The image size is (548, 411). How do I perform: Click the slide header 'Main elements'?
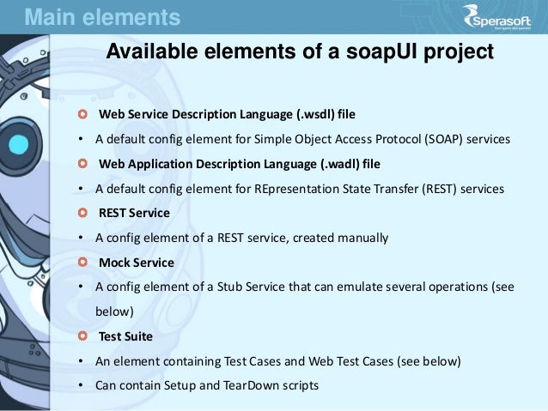click(102, 16)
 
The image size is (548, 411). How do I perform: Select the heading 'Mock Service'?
click(136, 262)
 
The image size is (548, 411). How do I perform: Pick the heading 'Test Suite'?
click(125, 336)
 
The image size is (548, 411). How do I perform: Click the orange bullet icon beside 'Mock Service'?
click(82, 262)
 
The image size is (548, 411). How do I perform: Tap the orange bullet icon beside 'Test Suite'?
click(82, 336)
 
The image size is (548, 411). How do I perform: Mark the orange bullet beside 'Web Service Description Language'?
click(82, 113)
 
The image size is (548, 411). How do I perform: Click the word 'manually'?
click(364, 238)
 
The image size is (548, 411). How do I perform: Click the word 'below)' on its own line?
click(115, 311)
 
